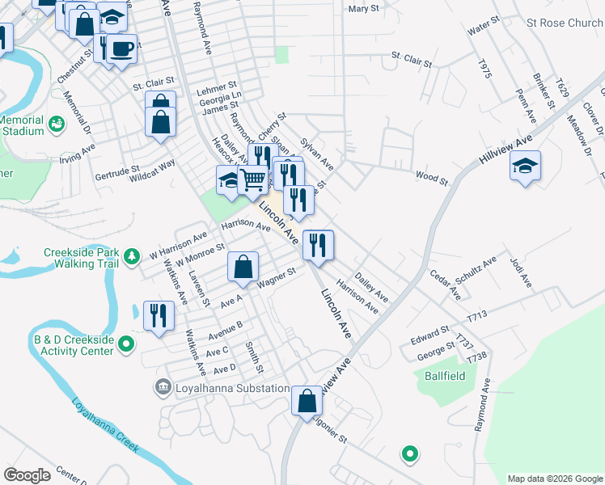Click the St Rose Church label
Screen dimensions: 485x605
[564, 23]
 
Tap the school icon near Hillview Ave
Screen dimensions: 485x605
[525, 167]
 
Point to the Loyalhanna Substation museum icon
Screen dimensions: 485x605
[164, 389]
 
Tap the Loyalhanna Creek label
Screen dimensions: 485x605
[104, 424]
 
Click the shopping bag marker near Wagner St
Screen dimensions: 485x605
[243, 267]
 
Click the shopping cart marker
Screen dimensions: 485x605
[253, 181]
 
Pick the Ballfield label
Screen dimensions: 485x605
[443, 375]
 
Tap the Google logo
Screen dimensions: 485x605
[27, 475]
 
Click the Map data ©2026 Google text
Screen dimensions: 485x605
[554, 479]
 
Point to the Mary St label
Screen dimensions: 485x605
[362, 9]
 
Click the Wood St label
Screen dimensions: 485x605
[431, 176]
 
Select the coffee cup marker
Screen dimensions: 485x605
[121, 50]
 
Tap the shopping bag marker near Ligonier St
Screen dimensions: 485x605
[307, 401]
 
